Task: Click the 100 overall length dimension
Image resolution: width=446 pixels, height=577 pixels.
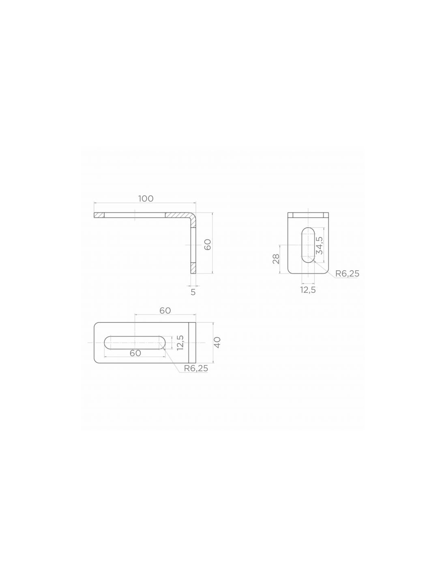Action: click(146, 198)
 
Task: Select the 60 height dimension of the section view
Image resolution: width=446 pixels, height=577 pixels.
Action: click(208, 244)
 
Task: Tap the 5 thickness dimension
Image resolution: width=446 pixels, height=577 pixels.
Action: click(193, 292)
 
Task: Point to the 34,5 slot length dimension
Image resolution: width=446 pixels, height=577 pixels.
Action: click(320, 245)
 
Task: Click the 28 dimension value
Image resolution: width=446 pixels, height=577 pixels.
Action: click(276, 258)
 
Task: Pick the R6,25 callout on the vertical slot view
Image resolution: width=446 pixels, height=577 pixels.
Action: click(347, 273)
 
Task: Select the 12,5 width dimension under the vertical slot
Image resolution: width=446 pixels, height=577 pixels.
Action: click(308, 290)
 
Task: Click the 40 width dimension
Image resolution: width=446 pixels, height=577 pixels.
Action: click(217, 342)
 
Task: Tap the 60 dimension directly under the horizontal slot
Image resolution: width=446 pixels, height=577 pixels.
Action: click(135, 353)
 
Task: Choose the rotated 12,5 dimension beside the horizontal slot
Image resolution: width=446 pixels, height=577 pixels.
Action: click(180, 342)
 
